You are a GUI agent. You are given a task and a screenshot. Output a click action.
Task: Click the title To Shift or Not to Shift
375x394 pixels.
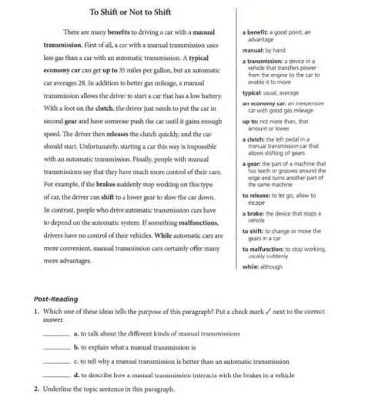point(130,13)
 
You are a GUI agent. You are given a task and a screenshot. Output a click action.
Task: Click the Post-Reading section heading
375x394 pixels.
point(56,299)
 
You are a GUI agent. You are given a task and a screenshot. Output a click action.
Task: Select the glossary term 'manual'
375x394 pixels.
point(253,48)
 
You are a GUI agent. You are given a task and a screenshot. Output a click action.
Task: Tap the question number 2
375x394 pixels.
point(36,388)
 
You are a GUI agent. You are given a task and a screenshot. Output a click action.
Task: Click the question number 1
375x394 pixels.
point(36,311)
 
